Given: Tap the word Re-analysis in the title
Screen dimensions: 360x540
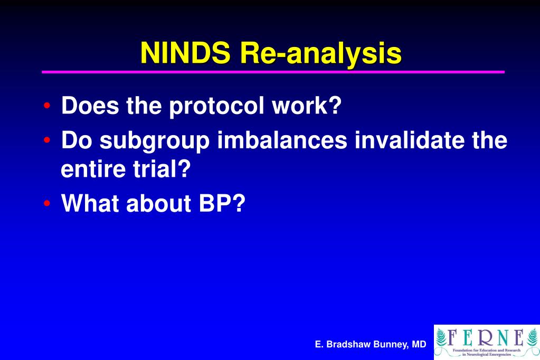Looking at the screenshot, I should [x=320, y=54].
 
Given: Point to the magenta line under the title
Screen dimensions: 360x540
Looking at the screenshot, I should [x=273, y=72].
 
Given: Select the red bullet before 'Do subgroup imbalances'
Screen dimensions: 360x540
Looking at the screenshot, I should [x=48, y=141].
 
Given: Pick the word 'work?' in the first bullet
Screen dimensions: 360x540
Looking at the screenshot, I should [x=307, y=106].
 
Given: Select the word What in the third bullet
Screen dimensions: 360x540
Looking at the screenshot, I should [x=90, y=204].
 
